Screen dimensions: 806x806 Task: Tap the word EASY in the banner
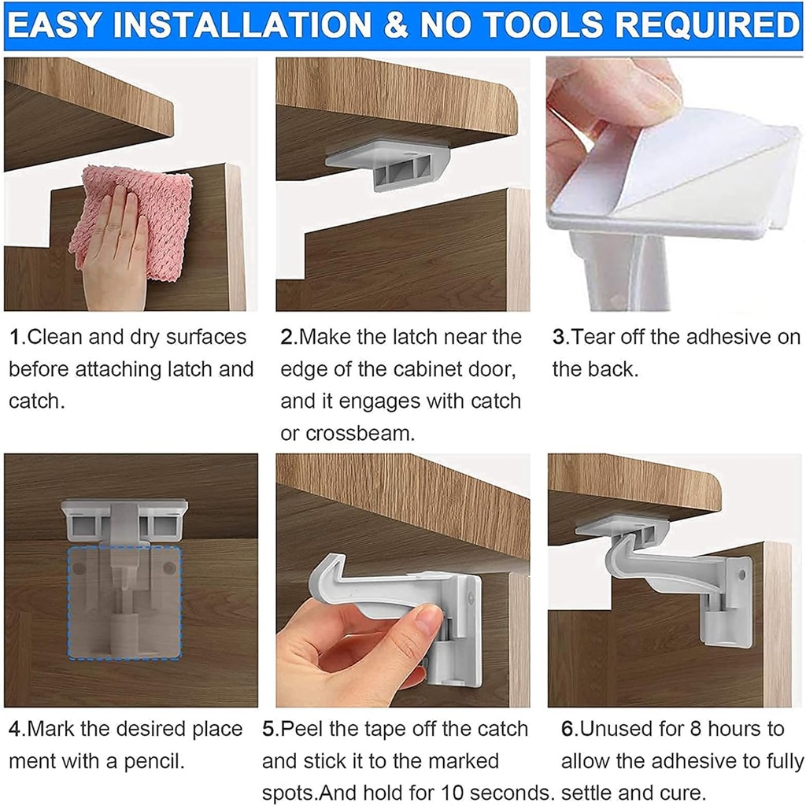point(60,25)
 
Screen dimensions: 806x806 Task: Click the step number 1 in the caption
point(14,338)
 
